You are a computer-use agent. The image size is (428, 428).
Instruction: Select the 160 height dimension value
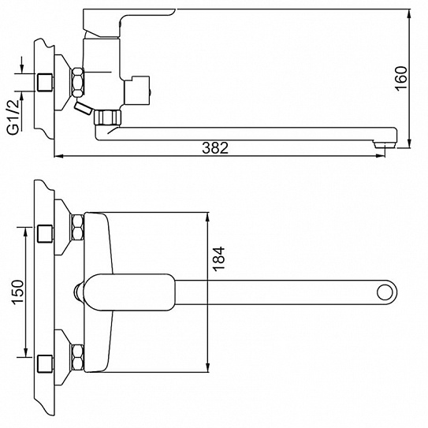[401, 77]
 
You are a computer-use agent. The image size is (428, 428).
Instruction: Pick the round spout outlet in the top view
[385, 291]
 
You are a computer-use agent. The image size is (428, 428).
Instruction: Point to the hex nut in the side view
[79, 82]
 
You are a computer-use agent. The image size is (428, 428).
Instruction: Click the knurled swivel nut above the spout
[106, 117]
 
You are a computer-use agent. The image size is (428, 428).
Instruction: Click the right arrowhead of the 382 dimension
[408, 155]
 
